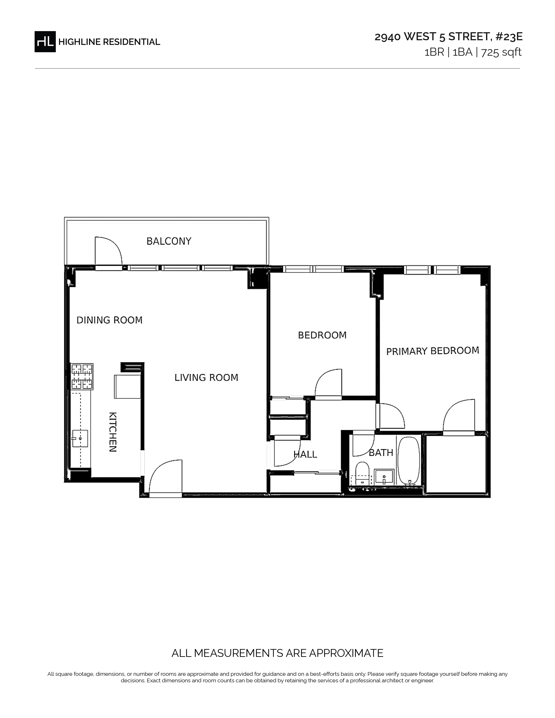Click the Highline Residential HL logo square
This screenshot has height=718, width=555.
[x=45, y=42]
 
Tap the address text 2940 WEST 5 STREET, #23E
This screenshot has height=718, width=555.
[x=449, y=37]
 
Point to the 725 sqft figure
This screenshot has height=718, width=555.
[x=501, y=52]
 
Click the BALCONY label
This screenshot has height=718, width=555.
[x=169, y=241]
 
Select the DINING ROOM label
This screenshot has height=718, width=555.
[x=109, y=320]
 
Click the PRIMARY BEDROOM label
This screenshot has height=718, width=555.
[x=433, y=351]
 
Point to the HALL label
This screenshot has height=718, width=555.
[x=305, y=454]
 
